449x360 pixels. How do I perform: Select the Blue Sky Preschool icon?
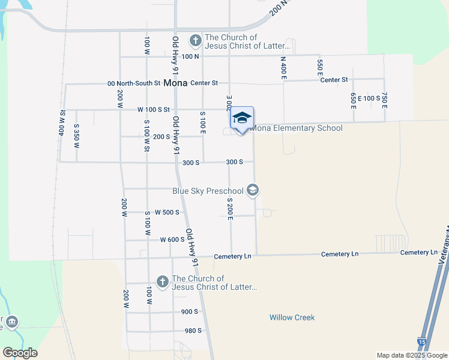pos(253,190)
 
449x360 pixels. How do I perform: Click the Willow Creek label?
pos(292,317)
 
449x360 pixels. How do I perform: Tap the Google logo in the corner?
pos(20,353)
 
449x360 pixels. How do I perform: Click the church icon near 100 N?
pos(195,41)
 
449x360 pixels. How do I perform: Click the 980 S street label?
pos(193,331)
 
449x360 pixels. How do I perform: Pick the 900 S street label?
pos(189,312)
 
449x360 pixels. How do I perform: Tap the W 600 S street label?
pos(172,239)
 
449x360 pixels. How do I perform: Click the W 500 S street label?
pos(167,212)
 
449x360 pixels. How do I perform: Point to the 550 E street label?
pos(320,66)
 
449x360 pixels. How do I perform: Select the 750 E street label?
pos(384,100)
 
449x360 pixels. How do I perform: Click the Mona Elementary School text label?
pos(296,128)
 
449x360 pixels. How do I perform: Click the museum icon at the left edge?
pos(12,323)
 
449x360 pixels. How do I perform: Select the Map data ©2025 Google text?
pos(411,355)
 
